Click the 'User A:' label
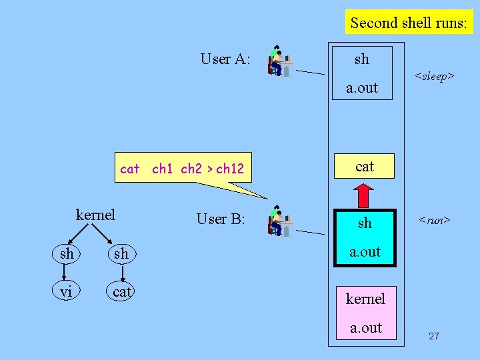coord(225,59)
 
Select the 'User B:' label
coord(221,219)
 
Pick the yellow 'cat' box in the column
coord(365,167)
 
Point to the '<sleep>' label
coord(434,77)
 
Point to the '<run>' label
coord(434,219)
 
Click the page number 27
coord(434,336)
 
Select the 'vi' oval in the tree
coord(67,291)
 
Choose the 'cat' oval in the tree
coord(122,291)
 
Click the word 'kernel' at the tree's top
coord(95,215)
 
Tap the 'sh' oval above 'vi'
coord(67,254)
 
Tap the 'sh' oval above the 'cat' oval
coord(121,254)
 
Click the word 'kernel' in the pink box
coord(365,299)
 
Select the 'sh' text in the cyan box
coord(365,223)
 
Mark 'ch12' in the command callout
coord(230,169)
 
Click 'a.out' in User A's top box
coord(362,87)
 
